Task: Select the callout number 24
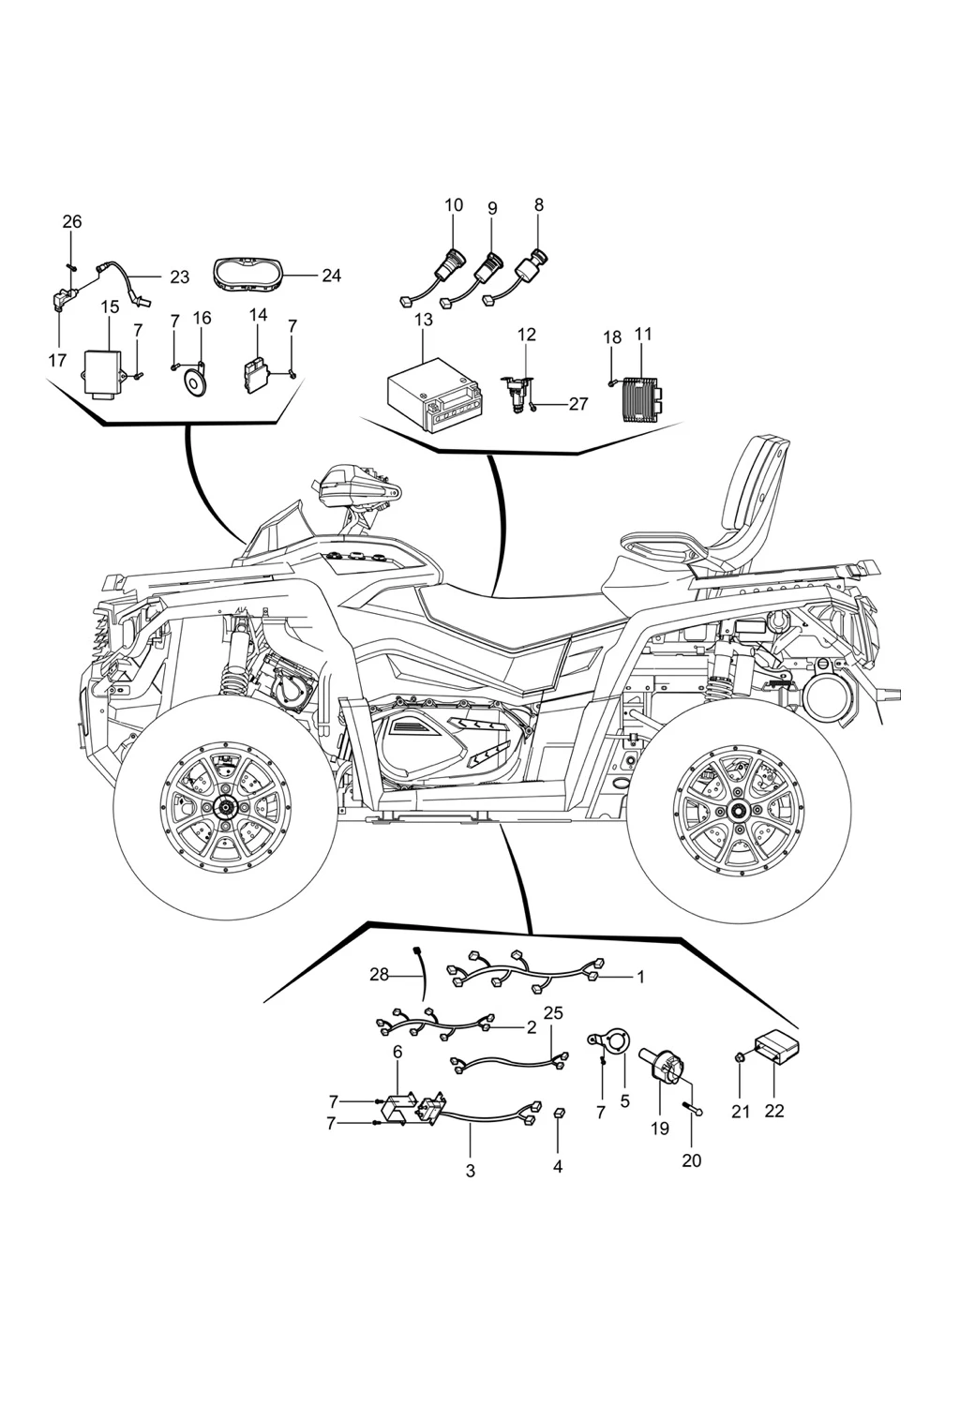click(331, 276)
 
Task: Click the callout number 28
click(379, 974)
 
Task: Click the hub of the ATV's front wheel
click(226, 807)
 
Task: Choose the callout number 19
click(660, 1129)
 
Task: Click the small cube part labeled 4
click(557, 1113)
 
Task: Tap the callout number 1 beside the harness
click(641, 977)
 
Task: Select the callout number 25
click(553, 1013)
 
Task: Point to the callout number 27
click(577, 404)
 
